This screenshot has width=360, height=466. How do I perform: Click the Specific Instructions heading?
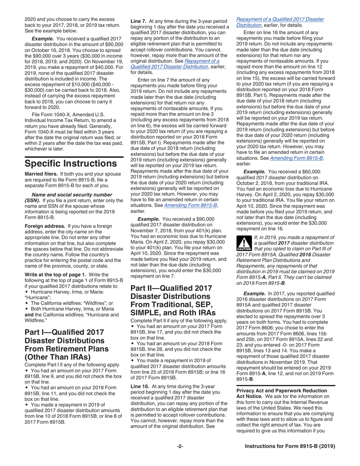[70, 164]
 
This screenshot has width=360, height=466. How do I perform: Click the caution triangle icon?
[244, 243]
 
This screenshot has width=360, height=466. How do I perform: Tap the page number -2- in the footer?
[180, 446]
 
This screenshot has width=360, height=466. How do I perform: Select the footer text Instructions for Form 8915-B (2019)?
[290, 446]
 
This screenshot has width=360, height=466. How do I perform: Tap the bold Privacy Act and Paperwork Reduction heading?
[282, 391]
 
